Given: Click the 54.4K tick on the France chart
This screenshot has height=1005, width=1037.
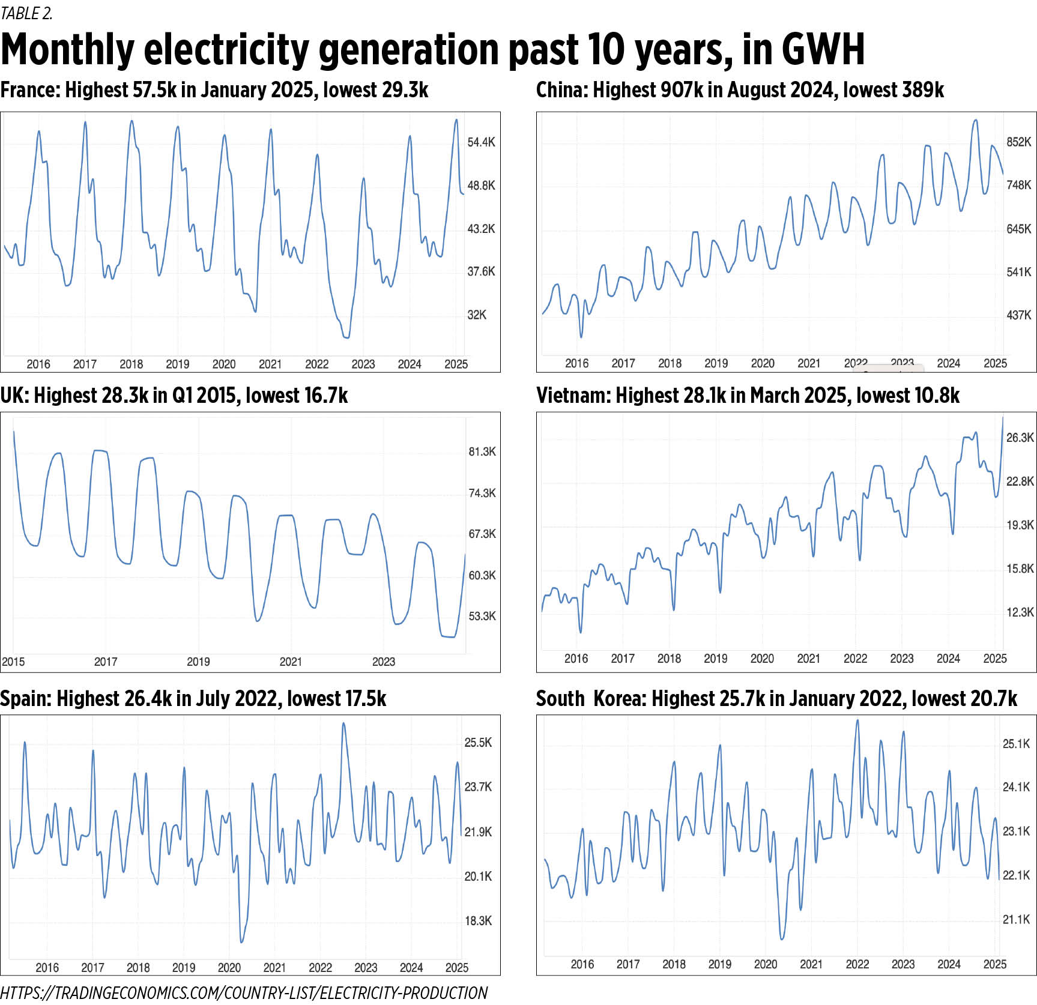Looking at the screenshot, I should pos(481,142).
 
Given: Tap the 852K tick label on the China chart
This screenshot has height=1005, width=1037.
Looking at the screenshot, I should pos(1018,142).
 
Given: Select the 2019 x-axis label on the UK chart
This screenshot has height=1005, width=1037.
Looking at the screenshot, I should pos(198,662).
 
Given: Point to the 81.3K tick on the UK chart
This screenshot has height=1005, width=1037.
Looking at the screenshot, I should pos(482,451).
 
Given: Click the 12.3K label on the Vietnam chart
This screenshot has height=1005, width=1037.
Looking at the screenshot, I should pos(1020,612).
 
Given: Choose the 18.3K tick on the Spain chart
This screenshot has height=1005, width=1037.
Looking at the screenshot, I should pos(478,920).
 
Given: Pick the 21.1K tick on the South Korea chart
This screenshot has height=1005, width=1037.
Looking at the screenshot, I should pos(1016,919).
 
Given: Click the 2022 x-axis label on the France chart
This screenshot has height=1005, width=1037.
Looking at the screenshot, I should pos(316,364).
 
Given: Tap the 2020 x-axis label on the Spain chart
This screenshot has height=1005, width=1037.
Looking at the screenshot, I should pos(229,967).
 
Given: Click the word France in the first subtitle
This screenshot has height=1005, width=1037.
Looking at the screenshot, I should pos(29,90).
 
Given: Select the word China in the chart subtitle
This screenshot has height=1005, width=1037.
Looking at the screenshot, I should pos(561,90).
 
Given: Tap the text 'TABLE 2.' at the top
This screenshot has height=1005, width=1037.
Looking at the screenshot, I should pos(26,13).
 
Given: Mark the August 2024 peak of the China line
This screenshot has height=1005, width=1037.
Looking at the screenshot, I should pos(975,120).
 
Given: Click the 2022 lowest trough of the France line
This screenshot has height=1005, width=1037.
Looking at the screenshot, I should pos(346,337).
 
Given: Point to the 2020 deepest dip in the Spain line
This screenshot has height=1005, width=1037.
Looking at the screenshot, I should pos(242,941).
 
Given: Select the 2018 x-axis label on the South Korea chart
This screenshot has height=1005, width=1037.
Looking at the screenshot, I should pos(674,964).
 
